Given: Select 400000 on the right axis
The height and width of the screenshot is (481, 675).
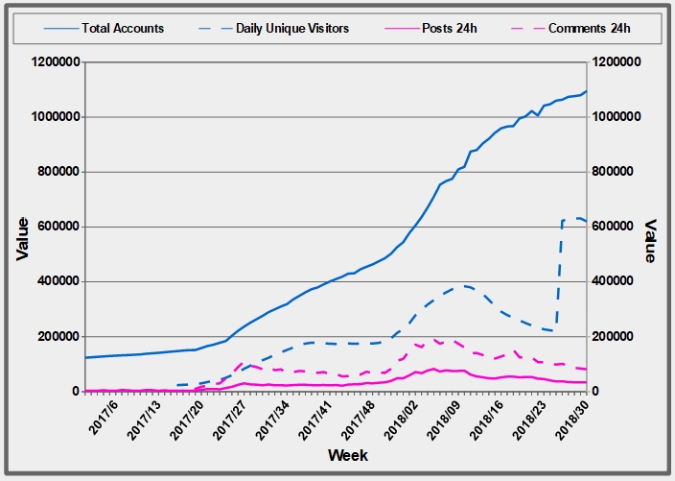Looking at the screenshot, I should tap(615, 282).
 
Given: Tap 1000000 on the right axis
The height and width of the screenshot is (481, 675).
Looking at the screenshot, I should tap(618, 117).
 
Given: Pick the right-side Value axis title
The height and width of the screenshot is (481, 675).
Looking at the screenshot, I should tap(651, 240).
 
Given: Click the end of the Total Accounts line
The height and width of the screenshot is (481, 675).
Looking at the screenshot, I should tap(586, 92).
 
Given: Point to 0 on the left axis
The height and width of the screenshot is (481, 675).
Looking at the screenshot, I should tap(75, 392).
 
